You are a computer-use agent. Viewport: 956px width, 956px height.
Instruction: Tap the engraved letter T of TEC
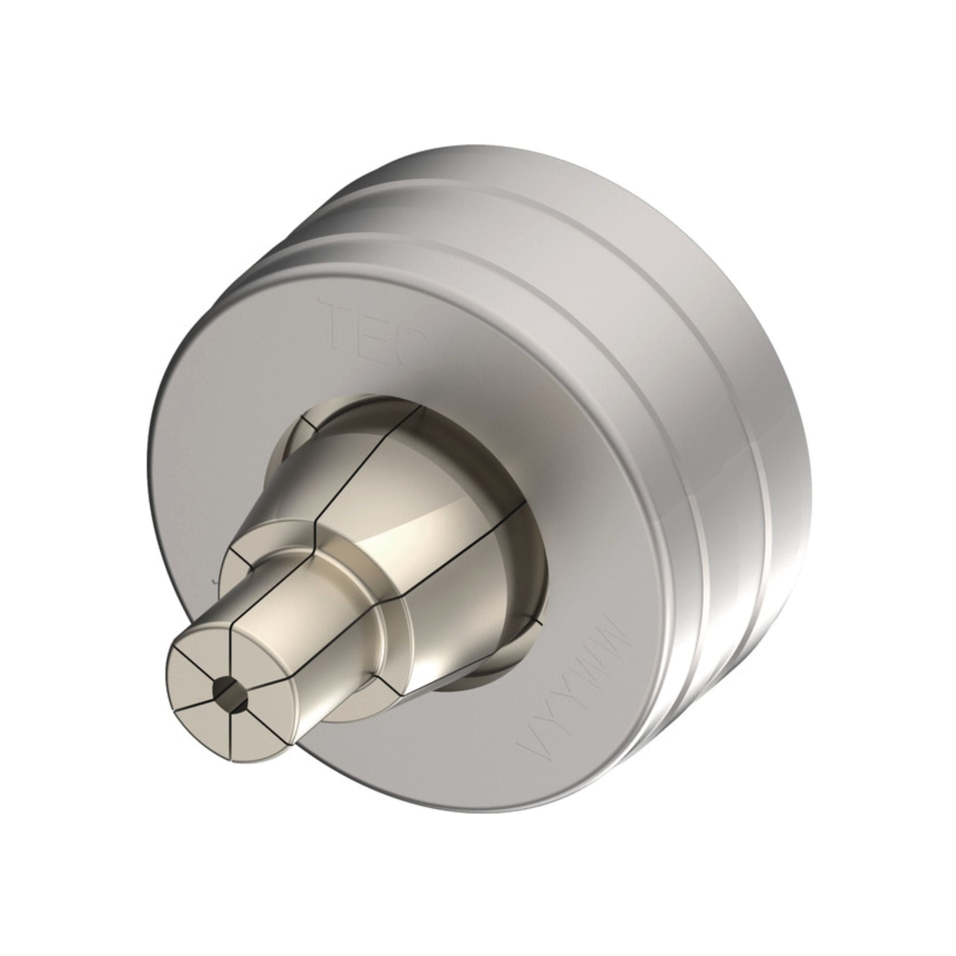coord(341,327)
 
